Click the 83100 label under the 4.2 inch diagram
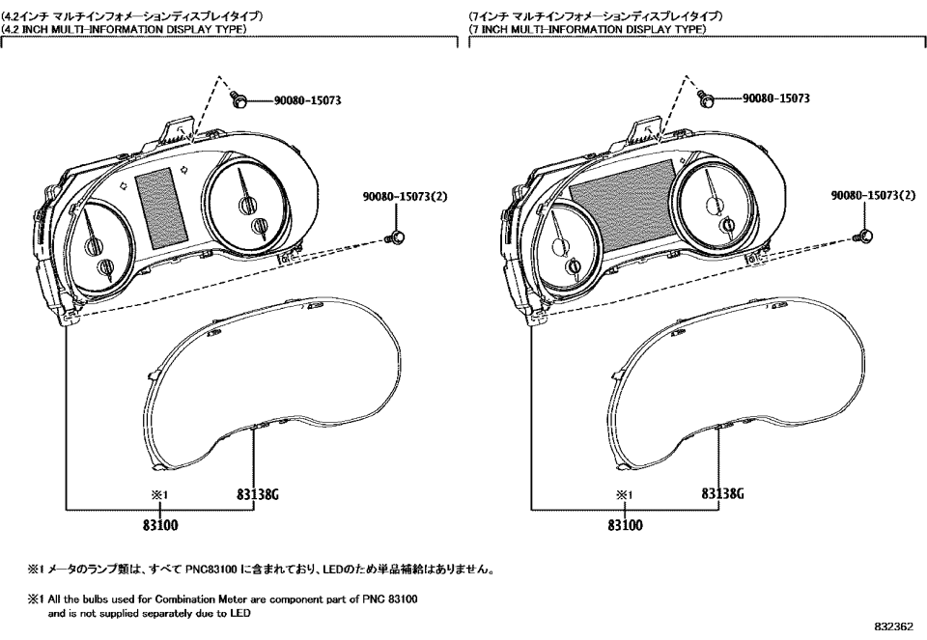coord(159,525)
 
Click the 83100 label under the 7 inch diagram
coord(626,525)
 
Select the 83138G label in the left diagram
coord(258,494)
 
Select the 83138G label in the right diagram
coord(724,494)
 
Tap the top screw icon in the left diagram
coord(238,98)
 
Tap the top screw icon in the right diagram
coord(707,98)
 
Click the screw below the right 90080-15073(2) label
coord(863,236)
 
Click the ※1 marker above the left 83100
coord(159,495)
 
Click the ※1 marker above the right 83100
coord(626,495)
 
